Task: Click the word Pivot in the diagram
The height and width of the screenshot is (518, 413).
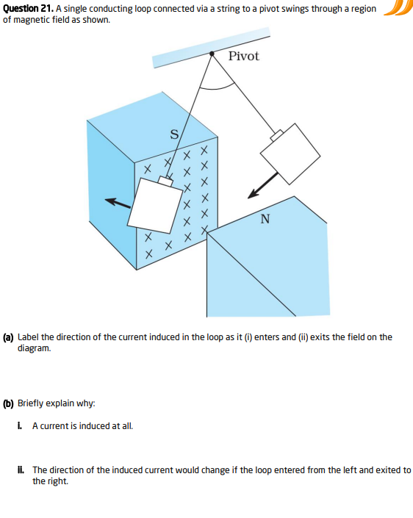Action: (x=243, y=57)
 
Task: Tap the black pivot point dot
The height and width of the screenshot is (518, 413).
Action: (x=212, y=53)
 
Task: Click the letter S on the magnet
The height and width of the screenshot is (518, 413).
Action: (x=174, y=134)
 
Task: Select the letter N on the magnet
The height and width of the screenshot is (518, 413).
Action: (x=265, y=218)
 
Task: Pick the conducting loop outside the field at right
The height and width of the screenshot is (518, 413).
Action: (x=291, y=153)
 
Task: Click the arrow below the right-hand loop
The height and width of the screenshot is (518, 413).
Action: (x=262, y=187)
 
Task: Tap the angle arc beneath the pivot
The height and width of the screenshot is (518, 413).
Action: (x=218, y=87)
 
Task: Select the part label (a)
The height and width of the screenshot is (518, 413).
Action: (x=8, y=337)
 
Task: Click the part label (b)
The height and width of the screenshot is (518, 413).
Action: (x=8, y=403)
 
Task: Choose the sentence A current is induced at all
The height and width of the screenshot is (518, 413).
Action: (x=82, y=426)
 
